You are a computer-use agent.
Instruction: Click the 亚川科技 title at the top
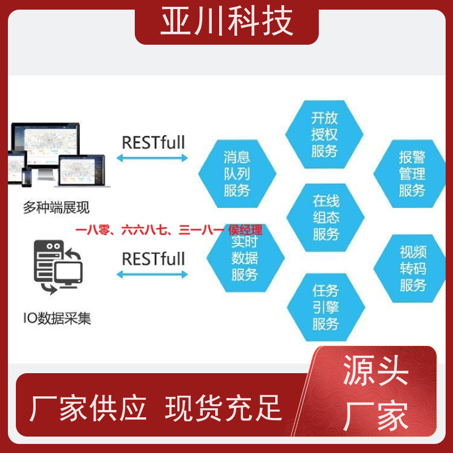point(227,22)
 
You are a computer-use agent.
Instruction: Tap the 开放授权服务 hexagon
point(324,134)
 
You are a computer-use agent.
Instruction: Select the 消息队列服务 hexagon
point(237,174)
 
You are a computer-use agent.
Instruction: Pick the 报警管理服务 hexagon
point(409,174)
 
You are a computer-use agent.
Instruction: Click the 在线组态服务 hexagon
point(325,217)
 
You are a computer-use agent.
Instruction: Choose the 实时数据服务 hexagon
point(246,258)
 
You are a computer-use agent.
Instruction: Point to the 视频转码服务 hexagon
point(409,268)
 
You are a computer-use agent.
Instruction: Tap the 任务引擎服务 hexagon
point(326,307)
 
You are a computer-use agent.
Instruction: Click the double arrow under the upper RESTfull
point(152,158)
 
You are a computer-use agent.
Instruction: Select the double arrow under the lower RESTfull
point(152,275)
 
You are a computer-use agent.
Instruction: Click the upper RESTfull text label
point(153,143)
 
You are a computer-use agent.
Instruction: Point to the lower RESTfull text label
point(153,259)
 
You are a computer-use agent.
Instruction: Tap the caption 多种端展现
point(56,207)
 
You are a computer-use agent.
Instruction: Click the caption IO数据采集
point(57,318)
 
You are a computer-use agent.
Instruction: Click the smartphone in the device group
point(27,177)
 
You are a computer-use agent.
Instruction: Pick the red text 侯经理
point(245,230)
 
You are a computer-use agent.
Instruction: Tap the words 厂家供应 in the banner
point(88,408)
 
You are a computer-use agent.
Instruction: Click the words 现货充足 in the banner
point(223,408)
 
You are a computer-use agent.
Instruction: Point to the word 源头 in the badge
point(375,370)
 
